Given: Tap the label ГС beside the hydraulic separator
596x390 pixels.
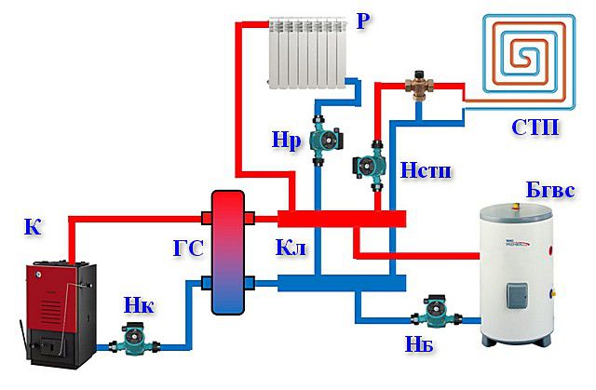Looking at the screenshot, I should coord(186,249).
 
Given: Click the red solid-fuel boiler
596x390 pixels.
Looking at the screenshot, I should coord(61,312).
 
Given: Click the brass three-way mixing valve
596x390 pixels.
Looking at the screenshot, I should coord(417,86).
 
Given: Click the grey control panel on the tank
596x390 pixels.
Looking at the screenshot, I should coord(516,298).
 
